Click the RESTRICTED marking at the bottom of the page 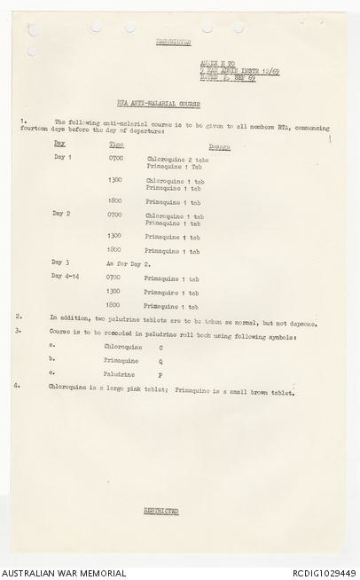coord(161,511)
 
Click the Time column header coord(116,143)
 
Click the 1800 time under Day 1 coord(114,200)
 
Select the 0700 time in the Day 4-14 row coord(114,277)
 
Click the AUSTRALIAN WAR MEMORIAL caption coord(55,573)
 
